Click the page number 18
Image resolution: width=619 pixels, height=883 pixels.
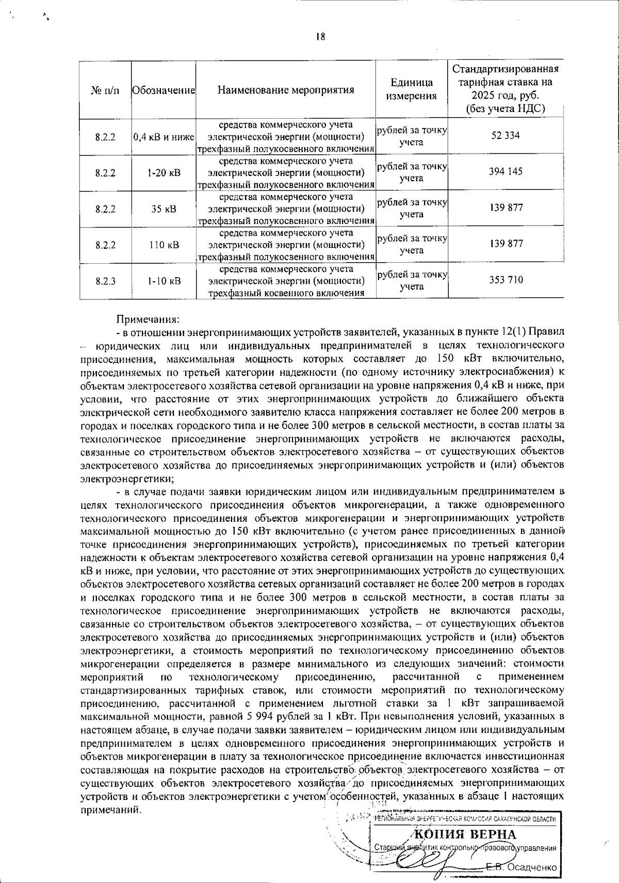click(x=320, y=36)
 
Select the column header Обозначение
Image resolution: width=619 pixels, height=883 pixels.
click(x=163, y=90)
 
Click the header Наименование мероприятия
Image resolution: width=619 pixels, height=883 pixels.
click(x=286, y=90)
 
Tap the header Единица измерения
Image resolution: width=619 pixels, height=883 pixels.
click(x=411, y=89)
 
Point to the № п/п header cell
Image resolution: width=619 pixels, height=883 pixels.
click(x=105, y=90)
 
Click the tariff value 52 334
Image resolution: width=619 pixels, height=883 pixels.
click(x=506, y=135)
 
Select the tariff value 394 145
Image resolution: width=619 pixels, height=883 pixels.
click(x=506, y=171)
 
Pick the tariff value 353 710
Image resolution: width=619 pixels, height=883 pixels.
click(x=506, y=280)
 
